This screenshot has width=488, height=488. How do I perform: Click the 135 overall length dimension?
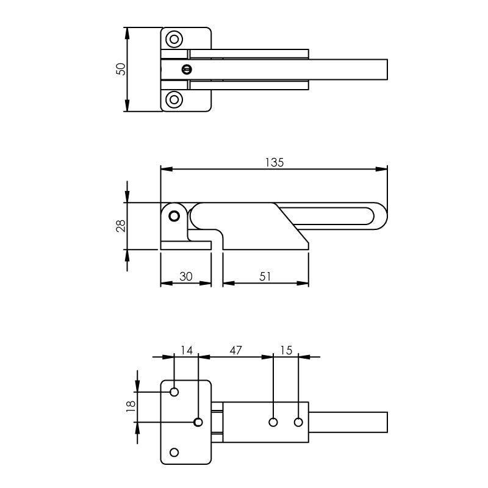274,162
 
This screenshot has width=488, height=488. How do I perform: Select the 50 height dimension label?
121,69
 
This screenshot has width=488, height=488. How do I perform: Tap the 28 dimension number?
121,226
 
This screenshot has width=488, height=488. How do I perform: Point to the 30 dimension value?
186,276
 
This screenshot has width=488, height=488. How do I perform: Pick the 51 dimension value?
265,276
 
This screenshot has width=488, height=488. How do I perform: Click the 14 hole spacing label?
187,350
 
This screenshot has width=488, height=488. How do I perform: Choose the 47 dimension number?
235,350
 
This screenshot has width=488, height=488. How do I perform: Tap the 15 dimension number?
286,350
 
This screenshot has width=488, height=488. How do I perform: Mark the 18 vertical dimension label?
131,406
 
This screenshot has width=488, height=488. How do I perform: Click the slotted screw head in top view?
187,70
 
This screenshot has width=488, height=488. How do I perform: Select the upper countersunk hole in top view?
174,39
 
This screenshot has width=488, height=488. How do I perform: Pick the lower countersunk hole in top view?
174,99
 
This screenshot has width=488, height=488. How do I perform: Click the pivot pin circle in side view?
174,216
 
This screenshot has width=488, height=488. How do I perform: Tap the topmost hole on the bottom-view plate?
174,392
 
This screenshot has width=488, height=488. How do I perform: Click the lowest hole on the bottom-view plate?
174,452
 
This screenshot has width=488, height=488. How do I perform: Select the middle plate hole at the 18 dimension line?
198,422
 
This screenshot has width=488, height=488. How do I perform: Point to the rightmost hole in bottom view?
298,422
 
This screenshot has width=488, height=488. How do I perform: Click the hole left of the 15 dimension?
273,422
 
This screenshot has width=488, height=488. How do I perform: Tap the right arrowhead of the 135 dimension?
381,169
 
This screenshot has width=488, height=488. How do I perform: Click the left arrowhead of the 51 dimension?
229,283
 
